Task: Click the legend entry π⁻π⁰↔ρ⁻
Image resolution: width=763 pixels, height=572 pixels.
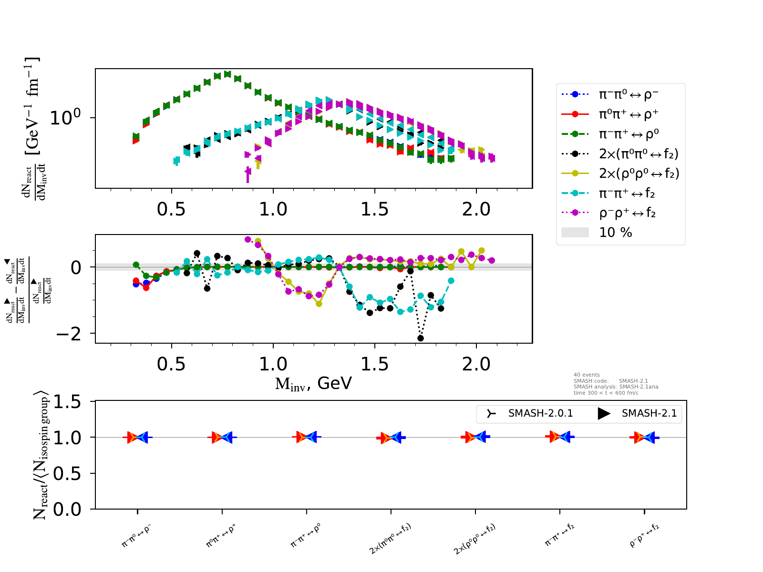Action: (x=628, y=94)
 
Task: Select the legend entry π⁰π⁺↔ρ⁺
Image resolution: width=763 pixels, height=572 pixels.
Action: (x=628, y=114)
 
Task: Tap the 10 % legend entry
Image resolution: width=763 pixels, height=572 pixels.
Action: (x=615, y=233)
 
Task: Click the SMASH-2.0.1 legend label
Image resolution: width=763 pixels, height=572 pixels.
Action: (x=540, y=413)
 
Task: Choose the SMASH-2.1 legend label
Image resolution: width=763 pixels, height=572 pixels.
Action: (x=649, y=413)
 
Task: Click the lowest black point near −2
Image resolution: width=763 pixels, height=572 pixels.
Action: (x=421, y=338)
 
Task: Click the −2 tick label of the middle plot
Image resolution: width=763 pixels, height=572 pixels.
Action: (x=69, y=334)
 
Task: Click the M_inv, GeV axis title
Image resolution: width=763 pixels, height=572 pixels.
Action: (x=313, y=383)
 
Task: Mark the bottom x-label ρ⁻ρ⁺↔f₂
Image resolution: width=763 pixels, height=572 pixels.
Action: (x=645, y=535)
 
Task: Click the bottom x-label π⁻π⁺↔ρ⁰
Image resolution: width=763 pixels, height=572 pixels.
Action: (x=306, y=535)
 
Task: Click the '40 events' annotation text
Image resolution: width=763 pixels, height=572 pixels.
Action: (x=587, y=375)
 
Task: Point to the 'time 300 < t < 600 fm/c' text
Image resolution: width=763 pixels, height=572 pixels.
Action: (x=606, y=393)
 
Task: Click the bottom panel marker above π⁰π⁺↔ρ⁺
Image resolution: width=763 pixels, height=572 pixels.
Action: (x=222, y=437)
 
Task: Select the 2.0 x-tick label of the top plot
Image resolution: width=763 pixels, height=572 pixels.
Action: (x=476, y=209)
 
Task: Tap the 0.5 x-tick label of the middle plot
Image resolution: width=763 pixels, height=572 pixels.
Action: (x=171, y=365)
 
